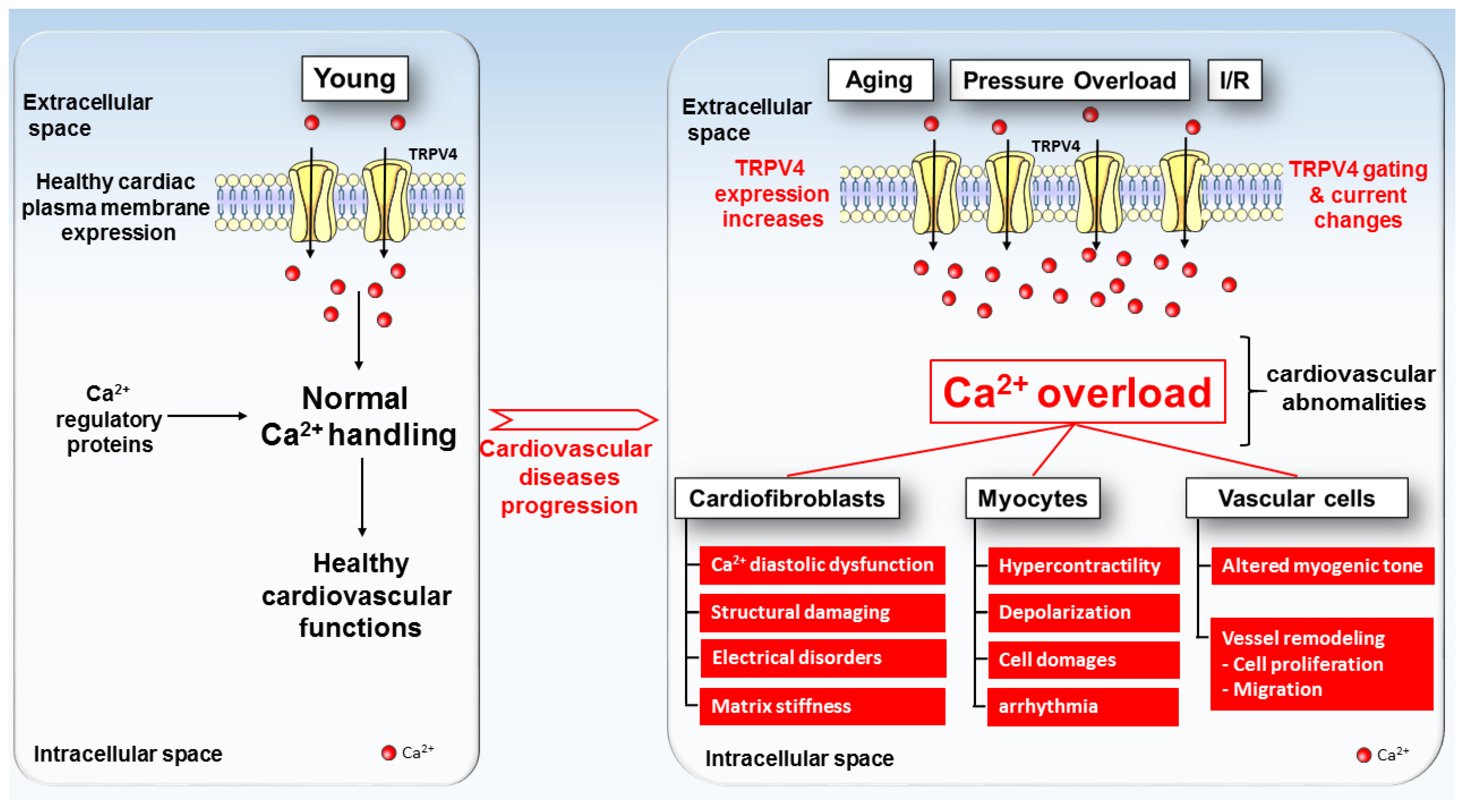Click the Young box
pyautogui.click(x=355, y=78)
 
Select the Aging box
pyautogui.click(x=880, y=80)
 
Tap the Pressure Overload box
pyautogui.click(x=1069, y=80)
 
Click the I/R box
pyautogui.click(x=1234, y=80)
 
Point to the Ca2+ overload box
pyautogui.click(x=1077, y=392)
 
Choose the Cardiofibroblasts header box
pyautogui.click(x=787, y=498)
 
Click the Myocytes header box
pyautogui.click(x=1032, y=498)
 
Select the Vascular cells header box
pyautogui.click(x=1296, y=498)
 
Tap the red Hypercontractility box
pyautogui.click(x=1083, y=565)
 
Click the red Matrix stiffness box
pyautogui.click(x=822, y=706)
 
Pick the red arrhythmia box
pyautogui.click(x=1082, y=706)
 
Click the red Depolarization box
pyautogui.click(x=1083, y=612)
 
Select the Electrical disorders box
pyautogui.click(x=822, y=657)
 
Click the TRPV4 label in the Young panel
pyautogui.click(x=433, y=154)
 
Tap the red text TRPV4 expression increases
pyautogui.click(x=771, y=194)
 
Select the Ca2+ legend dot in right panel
pyautogui.click(x=1363, y=755)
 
